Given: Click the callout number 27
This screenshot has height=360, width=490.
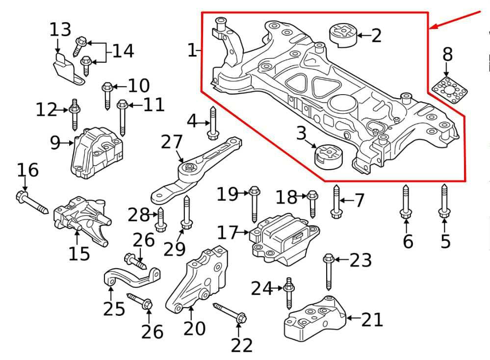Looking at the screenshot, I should [172, 142].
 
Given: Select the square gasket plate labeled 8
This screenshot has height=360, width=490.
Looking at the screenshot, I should [449, 90].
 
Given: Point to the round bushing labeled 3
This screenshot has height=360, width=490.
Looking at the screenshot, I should [330, 156].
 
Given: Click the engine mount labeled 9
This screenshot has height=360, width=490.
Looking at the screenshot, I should [96, 153].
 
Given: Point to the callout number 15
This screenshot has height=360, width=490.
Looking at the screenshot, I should [79, 253].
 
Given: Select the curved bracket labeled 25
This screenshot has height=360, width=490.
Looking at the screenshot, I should [132, 277].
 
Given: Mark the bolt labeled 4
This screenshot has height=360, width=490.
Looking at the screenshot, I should [213, 123].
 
